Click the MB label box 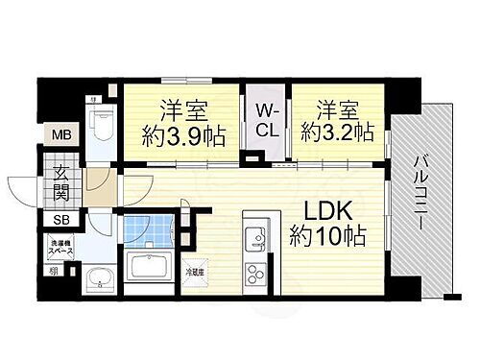[x=60, y=135]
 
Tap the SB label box [x=60, y=219]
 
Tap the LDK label [x=329, y=208]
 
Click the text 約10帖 [x=329, y=233]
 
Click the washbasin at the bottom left [x=96, y=279]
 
